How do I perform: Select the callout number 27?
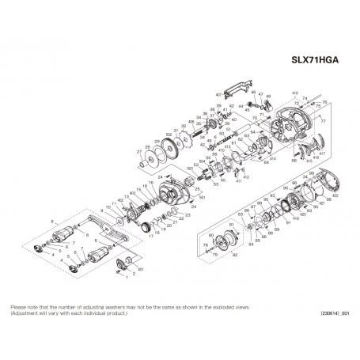click(138, 150)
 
